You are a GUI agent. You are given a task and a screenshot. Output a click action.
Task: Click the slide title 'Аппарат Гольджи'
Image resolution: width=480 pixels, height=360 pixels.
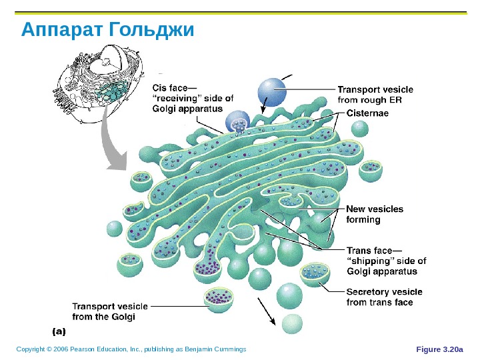tap(107, 30)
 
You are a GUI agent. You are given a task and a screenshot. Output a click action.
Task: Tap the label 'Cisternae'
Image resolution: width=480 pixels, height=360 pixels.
tap(367, 113)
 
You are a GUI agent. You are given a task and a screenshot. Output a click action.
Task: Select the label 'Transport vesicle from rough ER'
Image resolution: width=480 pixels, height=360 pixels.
tap(375, 95)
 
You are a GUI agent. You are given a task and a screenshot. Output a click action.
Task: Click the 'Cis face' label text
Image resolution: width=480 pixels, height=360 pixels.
tap(193, 98)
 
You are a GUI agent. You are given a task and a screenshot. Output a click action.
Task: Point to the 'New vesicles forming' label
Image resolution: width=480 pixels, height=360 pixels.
tap(374, 214)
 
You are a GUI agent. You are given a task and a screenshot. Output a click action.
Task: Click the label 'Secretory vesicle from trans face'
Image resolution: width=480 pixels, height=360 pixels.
tap(383, 297)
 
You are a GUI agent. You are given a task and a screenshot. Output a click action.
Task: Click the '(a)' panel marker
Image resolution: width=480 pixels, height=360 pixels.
tap(59, 329)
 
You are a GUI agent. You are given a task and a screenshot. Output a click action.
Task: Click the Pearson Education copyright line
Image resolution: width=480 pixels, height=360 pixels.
tap(131, 349)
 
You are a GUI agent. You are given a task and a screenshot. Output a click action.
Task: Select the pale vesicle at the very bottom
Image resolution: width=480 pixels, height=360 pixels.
tap(292, 324)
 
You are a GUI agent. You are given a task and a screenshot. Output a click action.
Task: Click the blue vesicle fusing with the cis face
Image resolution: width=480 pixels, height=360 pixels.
tap(239, 122)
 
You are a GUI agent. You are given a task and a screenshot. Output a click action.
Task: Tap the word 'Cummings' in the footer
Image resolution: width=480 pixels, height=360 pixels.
tap(229, 349)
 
